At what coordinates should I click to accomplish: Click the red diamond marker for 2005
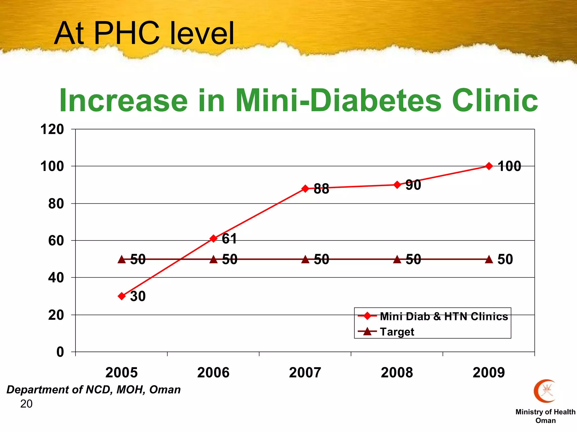[122, 296]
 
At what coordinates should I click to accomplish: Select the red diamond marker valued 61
[214, 238]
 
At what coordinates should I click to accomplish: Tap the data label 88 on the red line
[321, 189]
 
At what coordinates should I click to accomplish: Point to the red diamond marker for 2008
[397, 185]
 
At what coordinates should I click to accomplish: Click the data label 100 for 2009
[509, 166]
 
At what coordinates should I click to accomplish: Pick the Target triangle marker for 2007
[305, 259]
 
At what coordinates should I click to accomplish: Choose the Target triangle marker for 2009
[489, 259]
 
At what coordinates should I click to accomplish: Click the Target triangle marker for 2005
[122, 259]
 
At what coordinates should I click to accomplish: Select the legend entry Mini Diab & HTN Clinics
[443, 316]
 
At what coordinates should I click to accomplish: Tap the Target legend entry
[397, 332]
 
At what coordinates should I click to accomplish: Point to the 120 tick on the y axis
[52, 130]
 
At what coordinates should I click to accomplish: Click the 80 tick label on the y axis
[56, 204]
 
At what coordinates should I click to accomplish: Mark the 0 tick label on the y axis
[60, 352]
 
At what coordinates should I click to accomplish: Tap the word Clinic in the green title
[495, 100]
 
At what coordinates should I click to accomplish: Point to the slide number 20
[26, 404]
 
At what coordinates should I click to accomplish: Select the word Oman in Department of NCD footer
[165, 390]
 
